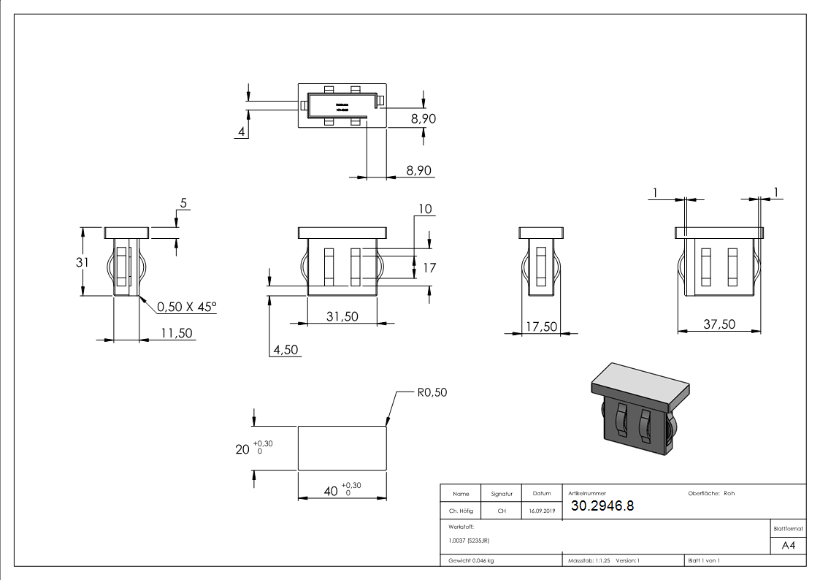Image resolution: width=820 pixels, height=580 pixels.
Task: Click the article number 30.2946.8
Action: click(602, 506)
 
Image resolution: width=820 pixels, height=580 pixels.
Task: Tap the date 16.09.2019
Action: click(542, 511)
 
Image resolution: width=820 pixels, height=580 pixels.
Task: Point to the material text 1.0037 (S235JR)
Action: click(469, 541)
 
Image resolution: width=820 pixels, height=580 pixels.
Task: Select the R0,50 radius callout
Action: click(432, 392)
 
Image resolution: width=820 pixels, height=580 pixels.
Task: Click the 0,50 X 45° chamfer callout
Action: click(186, 308)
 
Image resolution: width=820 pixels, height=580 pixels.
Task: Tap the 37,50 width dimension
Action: click(719, 324)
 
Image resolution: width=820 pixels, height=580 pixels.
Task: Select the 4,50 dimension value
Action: click(286, 350)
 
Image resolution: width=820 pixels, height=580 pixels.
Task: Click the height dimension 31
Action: click(83, 262)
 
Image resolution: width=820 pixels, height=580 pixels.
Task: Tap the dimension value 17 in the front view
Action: click(429, 268)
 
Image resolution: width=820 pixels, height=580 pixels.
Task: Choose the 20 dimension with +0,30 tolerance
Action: click(242, 449)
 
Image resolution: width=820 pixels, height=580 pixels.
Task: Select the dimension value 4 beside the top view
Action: click(241, 131)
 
